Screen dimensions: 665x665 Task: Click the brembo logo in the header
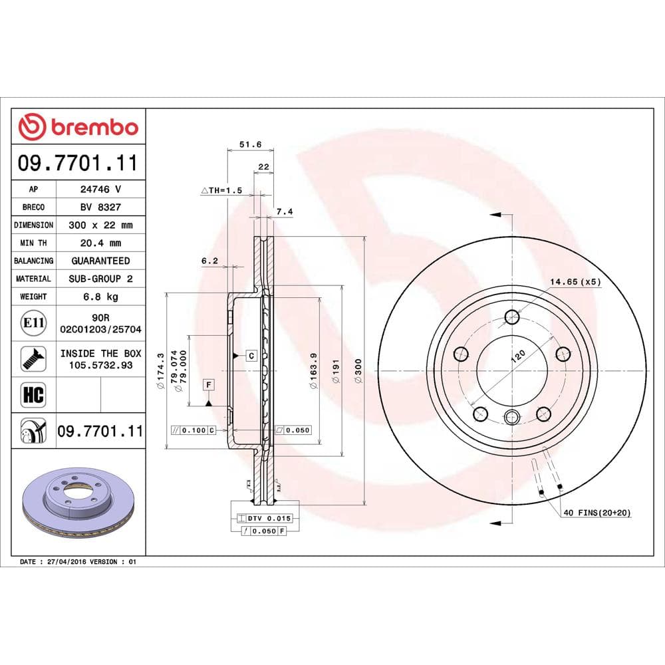click(x=78, y=126)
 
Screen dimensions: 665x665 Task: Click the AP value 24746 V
click(x=100, y=189)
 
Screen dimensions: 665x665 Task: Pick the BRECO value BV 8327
click(x=100, y=207)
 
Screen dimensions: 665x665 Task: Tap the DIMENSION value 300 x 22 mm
click(x=100, y=225)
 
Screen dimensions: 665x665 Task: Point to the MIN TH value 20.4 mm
click(x=100, y=243)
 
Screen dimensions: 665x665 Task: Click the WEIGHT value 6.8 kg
click(x=100, y=297)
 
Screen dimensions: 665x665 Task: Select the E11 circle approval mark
click(x=33, y=324)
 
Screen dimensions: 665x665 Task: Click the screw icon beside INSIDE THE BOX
click(x=33, y=359)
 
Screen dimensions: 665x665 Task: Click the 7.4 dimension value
click(x=284, y=211)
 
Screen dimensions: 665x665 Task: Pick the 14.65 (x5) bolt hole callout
click(x=575, y=282)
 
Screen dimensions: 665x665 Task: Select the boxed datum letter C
click(x=251, y=355)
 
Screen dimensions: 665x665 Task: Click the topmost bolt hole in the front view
click(x=511, y=317)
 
